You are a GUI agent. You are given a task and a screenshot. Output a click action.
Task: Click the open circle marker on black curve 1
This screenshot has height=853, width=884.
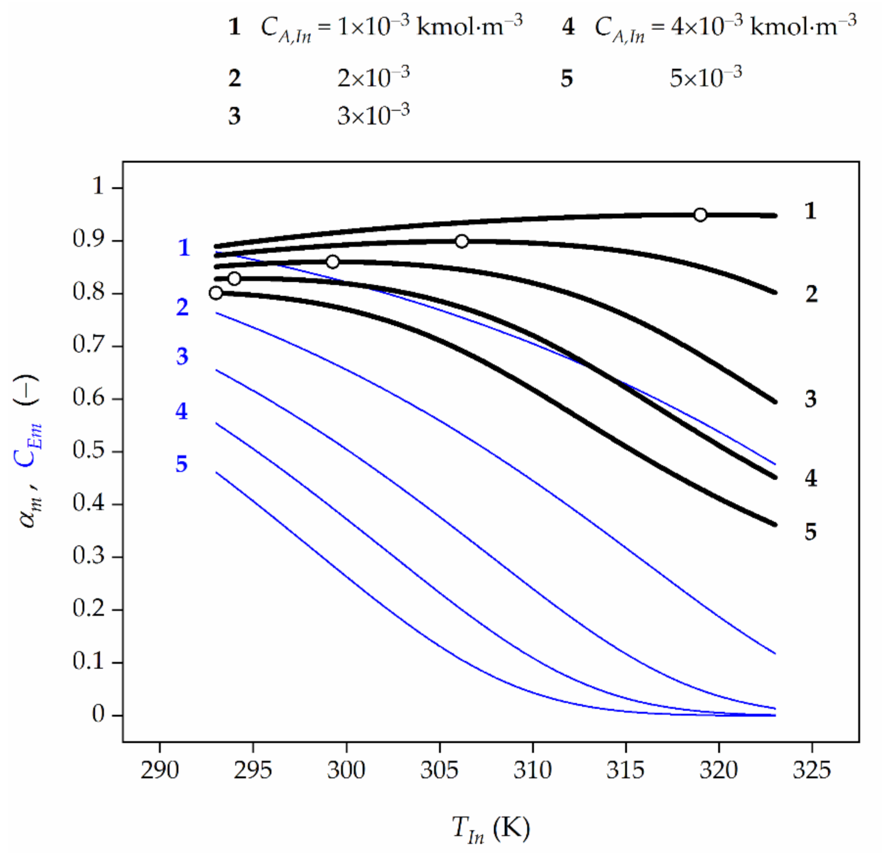coord(700,215)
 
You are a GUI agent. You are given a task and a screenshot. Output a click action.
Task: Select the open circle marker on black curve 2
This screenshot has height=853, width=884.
coord(461,241)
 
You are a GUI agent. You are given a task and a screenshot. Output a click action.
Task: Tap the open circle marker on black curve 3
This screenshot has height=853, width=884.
coord(332,262)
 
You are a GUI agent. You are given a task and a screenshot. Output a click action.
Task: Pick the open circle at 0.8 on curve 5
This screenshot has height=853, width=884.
coord(216,293)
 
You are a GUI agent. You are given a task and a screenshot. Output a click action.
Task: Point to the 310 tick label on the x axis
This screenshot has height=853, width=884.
coord(533,770)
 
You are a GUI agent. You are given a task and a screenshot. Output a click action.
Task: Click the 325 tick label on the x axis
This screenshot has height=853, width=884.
coord(811,770)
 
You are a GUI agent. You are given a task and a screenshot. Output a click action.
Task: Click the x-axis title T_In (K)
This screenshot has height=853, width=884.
coord(491,829)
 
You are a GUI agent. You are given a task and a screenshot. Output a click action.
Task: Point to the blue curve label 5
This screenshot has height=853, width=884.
coord(182,464)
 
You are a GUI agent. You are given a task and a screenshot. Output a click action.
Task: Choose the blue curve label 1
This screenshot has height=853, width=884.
coord(184,248)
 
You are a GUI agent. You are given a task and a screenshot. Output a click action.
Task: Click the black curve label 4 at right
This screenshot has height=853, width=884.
coord(810,478)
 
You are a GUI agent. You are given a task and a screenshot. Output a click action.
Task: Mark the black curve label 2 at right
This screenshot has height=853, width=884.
coord(811,294)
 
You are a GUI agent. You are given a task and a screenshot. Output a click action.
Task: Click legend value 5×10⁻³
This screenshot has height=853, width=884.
coord(705,78)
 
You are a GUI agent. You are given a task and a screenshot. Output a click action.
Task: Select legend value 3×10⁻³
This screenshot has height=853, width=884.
coord(373,114)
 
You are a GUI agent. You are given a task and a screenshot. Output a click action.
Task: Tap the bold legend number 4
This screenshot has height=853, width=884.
coord(568,27)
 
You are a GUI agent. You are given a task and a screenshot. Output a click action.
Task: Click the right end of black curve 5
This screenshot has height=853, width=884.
coord(775,525)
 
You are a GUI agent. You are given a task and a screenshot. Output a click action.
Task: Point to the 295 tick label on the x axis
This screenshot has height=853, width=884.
coord(252,770)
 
